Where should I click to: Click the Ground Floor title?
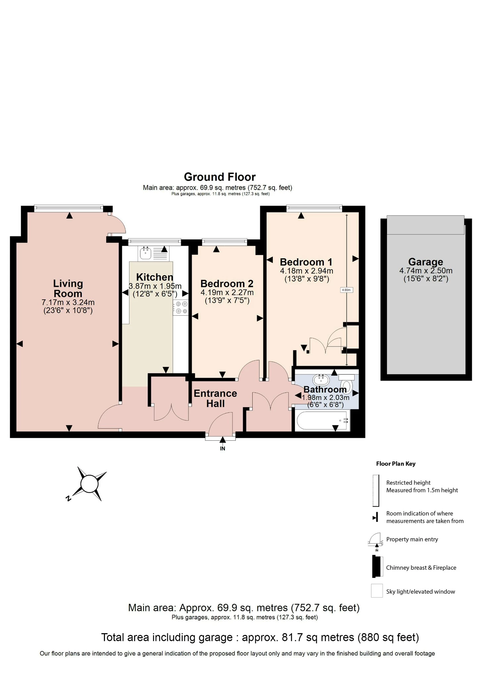click(220, 177)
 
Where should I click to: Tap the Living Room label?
click(68, 288)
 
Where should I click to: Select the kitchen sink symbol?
click(146, 253)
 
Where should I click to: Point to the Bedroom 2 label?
click(227, 284)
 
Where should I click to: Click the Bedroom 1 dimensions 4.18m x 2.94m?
click(306, 271)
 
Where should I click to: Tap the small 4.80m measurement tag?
click(346, 290)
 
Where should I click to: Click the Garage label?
click(425, 262)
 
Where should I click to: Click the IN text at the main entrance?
click(222, 449)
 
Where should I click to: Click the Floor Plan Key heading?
click(396, 464)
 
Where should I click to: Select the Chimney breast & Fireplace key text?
click(421, 568)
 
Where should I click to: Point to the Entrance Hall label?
click(215, 398)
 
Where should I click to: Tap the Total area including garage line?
click(260, 637)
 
